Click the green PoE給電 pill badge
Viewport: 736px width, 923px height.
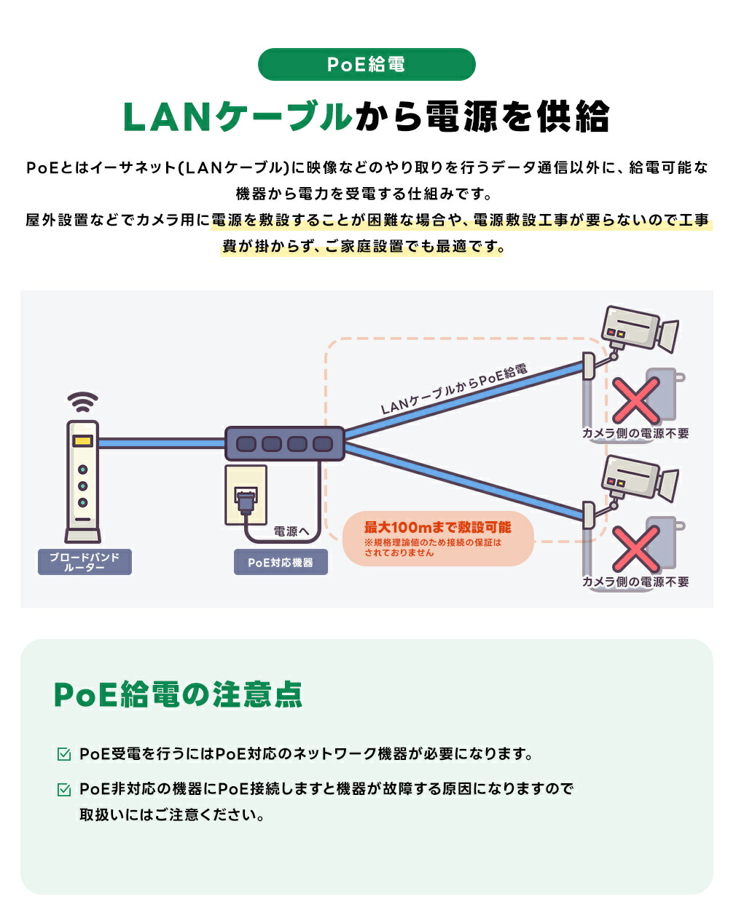point(367,65)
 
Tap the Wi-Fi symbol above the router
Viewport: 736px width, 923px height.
point(82,403)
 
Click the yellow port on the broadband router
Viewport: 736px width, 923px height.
point(82,441)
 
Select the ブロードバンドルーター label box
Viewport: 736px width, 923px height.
point(85,562)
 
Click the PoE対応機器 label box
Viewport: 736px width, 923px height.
point(281,563)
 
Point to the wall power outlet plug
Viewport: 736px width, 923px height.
point(245,498)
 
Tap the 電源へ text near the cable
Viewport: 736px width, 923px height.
point(291,531)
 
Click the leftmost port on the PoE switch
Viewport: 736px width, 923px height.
point(246,443)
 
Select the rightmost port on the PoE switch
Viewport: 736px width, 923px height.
point(322,443)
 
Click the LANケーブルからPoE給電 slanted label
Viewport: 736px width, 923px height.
point(453,389)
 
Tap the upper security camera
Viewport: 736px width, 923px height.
point(638,331)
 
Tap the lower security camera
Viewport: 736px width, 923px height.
point(638,480)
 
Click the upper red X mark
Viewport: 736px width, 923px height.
point(635,400)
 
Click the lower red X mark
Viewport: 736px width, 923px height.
point(635,548)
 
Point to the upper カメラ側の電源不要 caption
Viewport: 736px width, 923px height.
point(635,433)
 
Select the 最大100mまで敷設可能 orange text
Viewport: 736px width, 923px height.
point(437,528)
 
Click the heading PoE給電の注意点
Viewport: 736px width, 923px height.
point(179,694)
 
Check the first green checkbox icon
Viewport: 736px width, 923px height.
point(64,754)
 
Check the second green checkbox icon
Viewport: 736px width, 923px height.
point(64,789)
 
